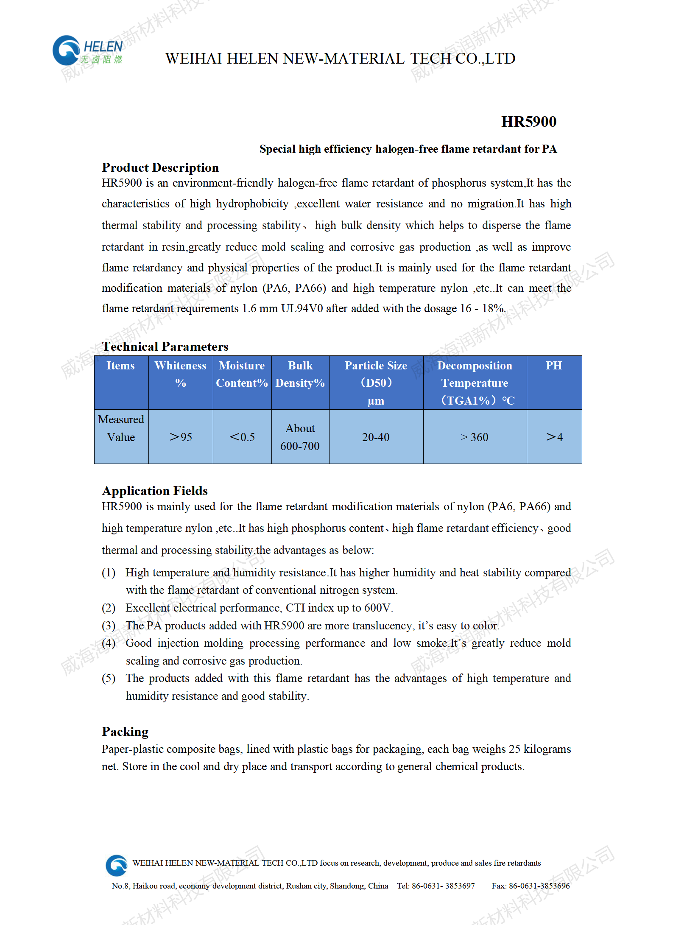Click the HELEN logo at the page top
(x=87, y=51)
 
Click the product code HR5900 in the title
(x=528, y=122)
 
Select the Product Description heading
(x=160, y=168)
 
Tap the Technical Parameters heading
(x=165, y=347)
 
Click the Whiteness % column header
(x=181, y=374)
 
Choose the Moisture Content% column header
(x=242, y=374)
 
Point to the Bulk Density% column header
(x=300, y=374)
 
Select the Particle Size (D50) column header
(x=376, y=383)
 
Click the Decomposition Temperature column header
(x=475, y=383)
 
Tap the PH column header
(x=554, y=366)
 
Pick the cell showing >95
(x=181, y=437)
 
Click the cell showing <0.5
(x=242, y=437)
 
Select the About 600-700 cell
(x=300, y=437)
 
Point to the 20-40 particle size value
(x=376, y=437)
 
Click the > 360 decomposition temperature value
(x=475, y=437)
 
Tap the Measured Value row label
(x=121, y=428)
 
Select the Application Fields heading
(x=155, y=491)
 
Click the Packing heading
(x=125, y=732)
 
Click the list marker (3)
(x=109, y=626)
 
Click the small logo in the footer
(x=116, y=865)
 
